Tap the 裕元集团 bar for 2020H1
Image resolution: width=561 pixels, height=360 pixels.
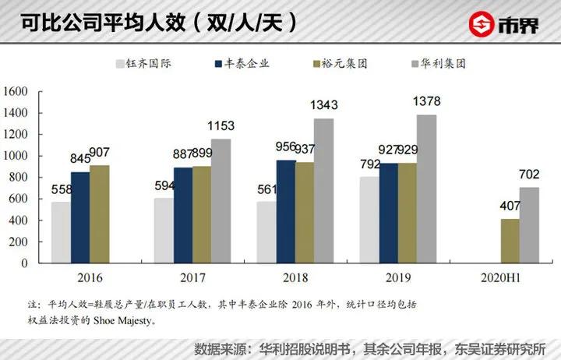tap(510, 241)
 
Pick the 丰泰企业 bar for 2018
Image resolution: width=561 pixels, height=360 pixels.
tap(284, 211)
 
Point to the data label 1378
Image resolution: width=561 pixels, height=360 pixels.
tap(426, 102)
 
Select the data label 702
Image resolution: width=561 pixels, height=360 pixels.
tap(530, 174)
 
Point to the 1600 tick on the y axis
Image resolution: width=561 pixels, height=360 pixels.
tap(16, 92)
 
